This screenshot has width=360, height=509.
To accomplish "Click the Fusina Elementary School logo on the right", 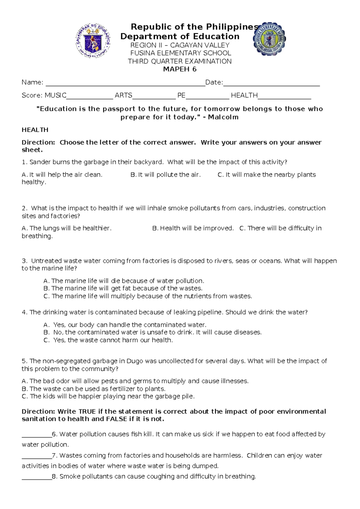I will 269,39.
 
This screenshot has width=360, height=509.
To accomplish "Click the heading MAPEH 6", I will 179,69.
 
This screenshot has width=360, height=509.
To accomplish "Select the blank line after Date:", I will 271,84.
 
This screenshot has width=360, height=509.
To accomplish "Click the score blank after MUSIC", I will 90,97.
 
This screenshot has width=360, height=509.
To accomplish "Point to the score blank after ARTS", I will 154,97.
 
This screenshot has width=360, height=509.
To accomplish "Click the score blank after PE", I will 207,97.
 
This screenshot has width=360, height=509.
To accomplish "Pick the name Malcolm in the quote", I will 223,117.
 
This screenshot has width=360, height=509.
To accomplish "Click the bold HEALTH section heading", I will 35,130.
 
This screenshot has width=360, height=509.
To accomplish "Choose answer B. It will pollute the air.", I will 166,175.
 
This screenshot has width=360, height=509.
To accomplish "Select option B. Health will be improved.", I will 193,228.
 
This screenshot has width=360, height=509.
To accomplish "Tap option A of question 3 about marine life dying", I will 124,281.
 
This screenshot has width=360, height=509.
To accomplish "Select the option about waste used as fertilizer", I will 93,389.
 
